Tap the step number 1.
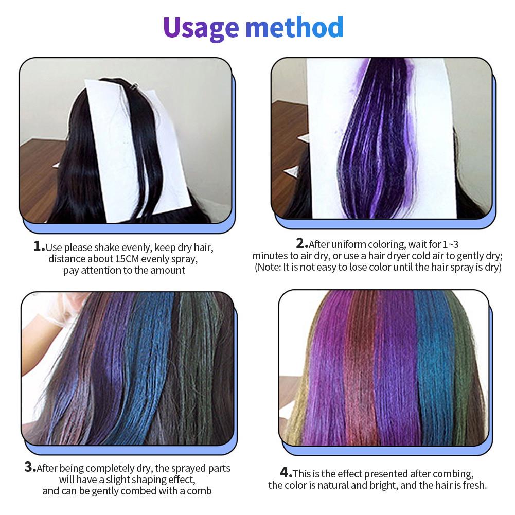coord(39,246)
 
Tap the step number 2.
coord(302,243)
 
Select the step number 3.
coord(30,467)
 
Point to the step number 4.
coord(286,473)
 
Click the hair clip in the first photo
coord(134,86)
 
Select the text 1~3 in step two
coord(450,244)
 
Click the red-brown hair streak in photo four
coord(361,368)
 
